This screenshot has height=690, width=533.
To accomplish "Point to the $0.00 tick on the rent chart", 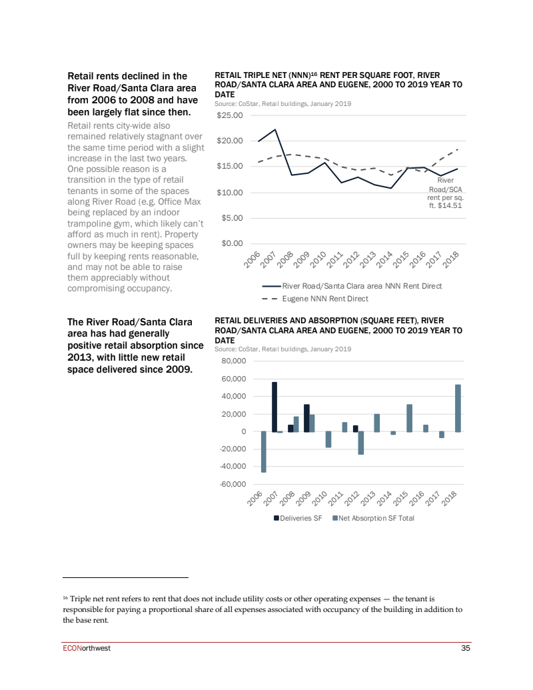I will [233, 243].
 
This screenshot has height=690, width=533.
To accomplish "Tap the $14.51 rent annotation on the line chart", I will [445, 193].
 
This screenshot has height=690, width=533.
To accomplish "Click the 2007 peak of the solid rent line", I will [275, 129].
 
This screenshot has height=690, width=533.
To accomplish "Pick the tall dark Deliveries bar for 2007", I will [274, 407].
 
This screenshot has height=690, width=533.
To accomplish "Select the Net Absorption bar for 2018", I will [458, 408].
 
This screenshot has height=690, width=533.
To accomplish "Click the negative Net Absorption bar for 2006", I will [264, 451].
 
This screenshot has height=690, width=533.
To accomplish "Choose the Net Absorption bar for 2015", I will [409, 418].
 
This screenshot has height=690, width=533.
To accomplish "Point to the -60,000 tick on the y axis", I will [233, 484].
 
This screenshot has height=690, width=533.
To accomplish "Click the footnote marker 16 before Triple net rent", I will [65, 599].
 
